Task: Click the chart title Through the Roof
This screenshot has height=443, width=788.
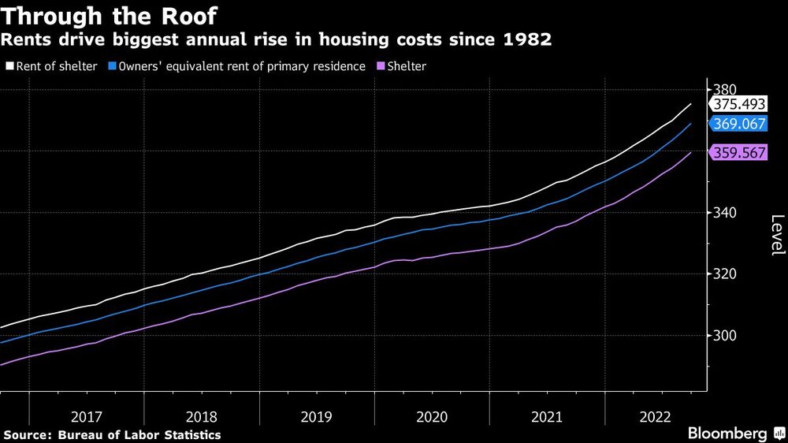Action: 109,16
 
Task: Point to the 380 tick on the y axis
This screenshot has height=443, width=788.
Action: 727,89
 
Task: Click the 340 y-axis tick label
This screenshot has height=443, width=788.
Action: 727,213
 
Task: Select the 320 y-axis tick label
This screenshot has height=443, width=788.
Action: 727,274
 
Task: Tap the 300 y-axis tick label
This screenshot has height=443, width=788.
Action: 727,336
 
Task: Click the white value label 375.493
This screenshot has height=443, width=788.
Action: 738,105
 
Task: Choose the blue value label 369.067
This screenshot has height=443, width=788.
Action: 738,124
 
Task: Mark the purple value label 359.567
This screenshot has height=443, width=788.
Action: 738,153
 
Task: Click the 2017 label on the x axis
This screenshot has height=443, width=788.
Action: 86,416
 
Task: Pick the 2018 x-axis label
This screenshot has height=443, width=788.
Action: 201,416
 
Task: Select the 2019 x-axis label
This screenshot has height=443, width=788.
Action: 316,416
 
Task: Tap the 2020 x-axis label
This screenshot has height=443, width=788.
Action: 431,416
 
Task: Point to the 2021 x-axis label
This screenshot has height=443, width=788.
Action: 547,416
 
